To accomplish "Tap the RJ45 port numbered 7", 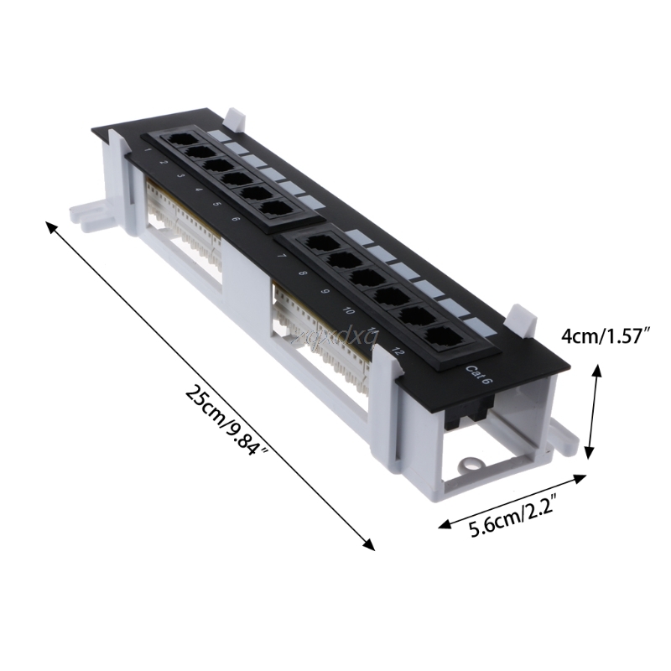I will pyautogui.click(x=319, y=242).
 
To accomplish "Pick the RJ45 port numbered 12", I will pyautogui.click(x=441, y=337).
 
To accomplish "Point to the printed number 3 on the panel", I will pyautogui.click(x=179, y=177).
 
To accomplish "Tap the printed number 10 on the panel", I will pyautogui.click(x=347, y=309).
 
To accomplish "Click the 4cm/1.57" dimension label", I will pyautogui.click(x=606, y=336).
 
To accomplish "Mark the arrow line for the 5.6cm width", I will pyautogui.click(x=512, y=501).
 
